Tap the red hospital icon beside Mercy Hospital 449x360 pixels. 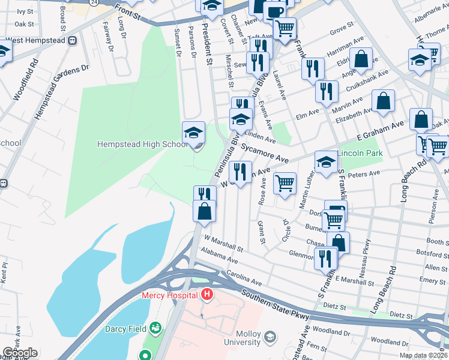point(206,295)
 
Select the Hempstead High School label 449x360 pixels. point(141,143)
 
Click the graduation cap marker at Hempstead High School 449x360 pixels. point(194,133)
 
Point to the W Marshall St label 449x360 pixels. point(224,243)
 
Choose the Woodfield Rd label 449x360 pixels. point(24,79)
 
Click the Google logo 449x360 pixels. point(20,353)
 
